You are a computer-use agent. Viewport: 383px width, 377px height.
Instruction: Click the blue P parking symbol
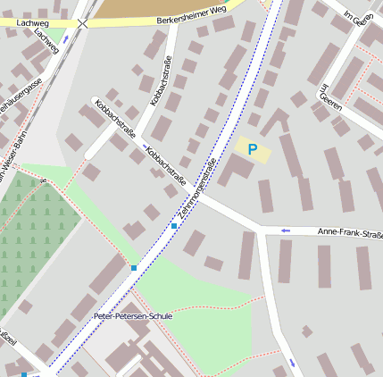253,149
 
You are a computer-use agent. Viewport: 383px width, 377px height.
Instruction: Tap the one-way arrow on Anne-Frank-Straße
286,231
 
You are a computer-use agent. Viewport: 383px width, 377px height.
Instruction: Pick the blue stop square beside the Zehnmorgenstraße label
174,226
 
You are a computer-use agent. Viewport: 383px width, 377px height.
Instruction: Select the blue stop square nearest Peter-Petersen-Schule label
134,267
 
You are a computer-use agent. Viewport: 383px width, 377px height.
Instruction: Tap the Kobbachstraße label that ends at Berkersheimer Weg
162,81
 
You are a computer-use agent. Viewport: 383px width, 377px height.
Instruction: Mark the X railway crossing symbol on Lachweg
82,23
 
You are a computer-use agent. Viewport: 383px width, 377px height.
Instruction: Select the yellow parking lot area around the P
254,150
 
